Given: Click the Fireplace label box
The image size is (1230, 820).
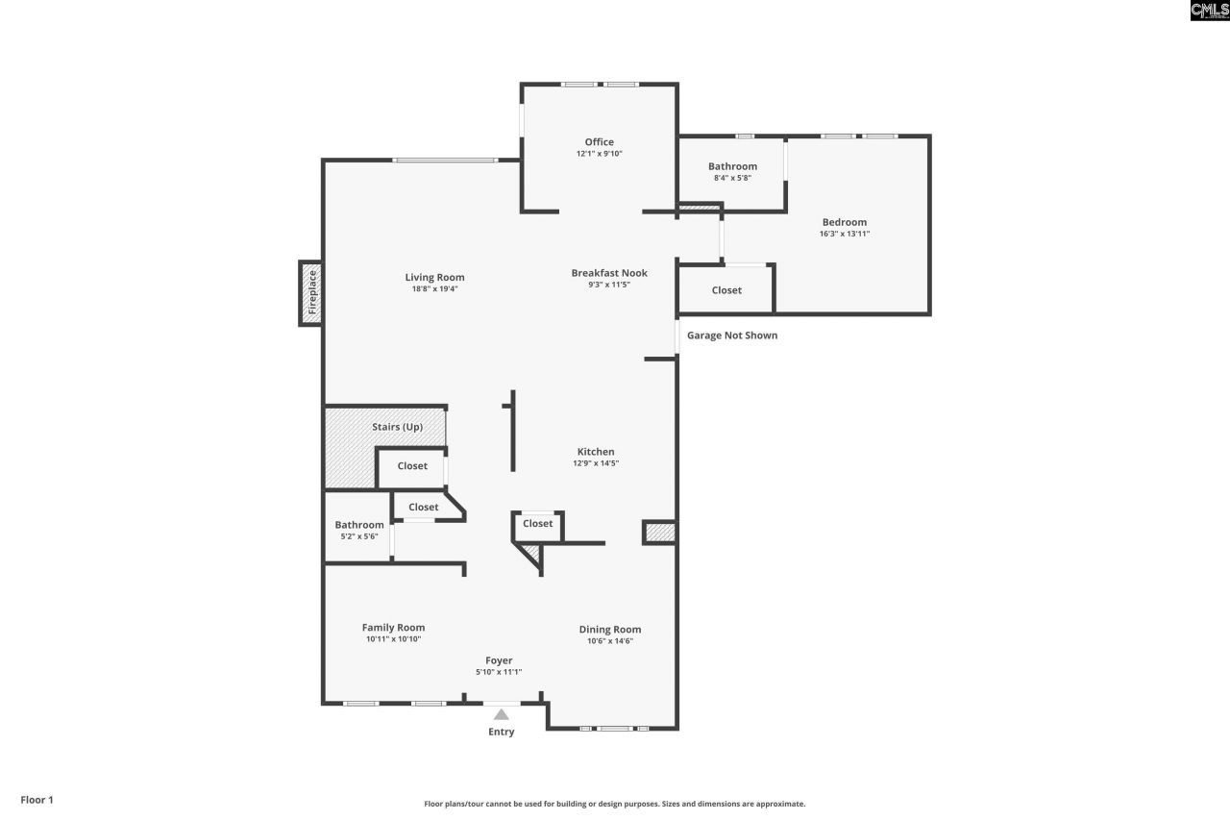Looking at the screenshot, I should click(x=310, y=292).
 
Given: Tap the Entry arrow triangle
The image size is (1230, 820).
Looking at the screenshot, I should click(x=501, y=714).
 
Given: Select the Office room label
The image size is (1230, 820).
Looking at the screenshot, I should click(x=600, y=142).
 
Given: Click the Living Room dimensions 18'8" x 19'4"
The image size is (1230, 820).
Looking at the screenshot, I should click(x=434, y=288).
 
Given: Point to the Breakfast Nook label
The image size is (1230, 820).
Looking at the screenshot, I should click(x=609, y=273).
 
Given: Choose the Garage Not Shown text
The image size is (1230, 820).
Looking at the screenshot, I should click(x=731, y=335).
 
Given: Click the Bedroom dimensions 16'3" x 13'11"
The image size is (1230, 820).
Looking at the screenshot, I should click(x=844, y=234).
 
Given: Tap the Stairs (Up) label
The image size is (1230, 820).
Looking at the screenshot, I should click(x=397, y=427).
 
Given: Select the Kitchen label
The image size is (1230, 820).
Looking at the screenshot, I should click(x=596, y=452).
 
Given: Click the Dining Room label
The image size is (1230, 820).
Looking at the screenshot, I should click(x=609, y=631).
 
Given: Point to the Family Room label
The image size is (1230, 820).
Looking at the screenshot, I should click(x=393, y=628).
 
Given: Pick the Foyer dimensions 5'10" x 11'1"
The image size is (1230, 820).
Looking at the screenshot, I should click(x=499, y=672).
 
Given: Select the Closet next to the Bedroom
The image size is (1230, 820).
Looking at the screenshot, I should click(x=726, y=290).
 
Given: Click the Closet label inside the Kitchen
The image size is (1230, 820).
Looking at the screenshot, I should click(x=538, y=524).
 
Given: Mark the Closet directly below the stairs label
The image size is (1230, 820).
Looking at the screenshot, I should click(x=412, y=466).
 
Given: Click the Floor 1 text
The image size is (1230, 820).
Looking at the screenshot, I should click(x=37, y=800).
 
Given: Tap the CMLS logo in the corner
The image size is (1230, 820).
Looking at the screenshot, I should click(x=1209, y=11).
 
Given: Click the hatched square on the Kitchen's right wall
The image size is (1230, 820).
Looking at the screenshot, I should click(x=658, y=534).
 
